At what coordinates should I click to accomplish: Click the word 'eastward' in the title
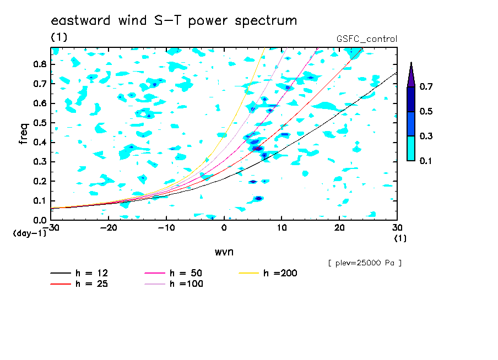point(80,20)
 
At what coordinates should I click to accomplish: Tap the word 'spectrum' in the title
point(266,21)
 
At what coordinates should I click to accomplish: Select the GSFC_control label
point(367,39)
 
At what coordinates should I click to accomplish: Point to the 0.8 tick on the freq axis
point(40,64)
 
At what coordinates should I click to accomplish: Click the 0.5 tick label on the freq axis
point(40,123)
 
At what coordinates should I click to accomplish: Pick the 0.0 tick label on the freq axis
point(40,220)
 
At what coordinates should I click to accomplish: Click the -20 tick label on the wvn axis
point(109,228)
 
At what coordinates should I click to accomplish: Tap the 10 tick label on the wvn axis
point(282,228)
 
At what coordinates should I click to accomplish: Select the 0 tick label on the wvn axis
point(224,228)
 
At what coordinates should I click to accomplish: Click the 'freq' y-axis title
point(24,134)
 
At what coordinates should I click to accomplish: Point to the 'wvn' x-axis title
point(224,252)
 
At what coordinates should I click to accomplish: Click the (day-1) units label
point(29,233)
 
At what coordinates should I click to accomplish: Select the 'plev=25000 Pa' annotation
point(365,263)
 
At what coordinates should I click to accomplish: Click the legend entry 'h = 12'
point(79,273)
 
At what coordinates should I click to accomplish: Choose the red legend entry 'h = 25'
point(79,284)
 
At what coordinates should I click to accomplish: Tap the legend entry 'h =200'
point(268,273)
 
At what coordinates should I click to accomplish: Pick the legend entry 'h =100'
point(174,284)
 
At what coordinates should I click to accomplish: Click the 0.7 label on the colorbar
point(426,86)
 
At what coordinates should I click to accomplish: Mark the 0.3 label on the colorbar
point(426,136)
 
